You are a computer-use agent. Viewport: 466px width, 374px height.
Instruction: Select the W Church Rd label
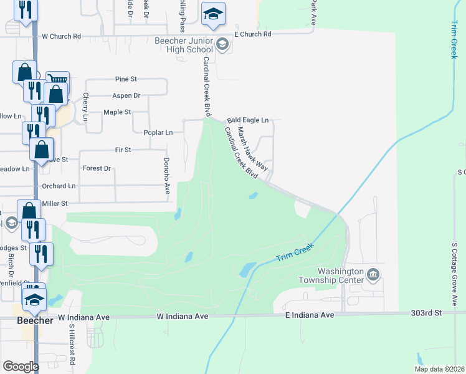[x=61, y=36]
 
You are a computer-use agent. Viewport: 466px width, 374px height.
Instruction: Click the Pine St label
[x=125, y=79]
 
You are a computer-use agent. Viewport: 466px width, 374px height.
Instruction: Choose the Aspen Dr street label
[x=126, y=95]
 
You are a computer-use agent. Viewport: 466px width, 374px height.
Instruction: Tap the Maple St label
[x=117, y=112]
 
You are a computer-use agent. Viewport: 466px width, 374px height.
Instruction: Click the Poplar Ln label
[x=160, y=132]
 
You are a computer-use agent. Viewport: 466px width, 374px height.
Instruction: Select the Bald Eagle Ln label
[x=247, y=120]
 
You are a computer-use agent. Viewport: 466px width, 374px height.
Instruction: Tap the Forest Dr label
[x=97, y=168]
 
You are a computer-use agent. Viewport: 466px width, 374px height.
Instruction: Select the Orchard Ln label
[x=59, y=186]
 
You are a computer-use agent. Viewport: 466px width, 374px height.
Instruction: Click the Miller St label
[x=54, y=203]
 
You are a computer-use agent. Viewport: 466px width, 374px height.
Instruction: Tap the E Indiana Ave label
[x=309, y=315]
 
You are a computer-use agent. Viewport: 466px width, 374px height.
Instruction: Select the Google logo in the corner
[x=21, y=367]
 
